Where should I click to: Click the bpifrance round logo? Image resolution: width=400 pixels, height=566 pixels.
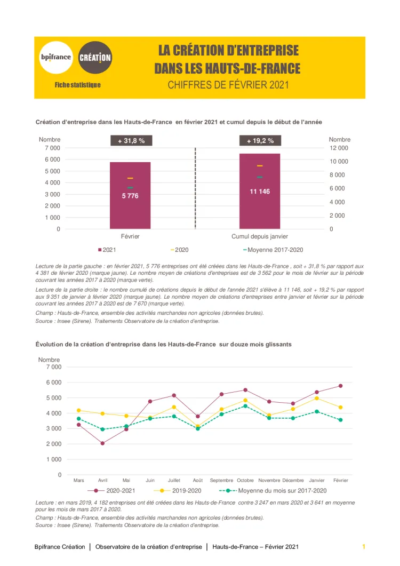[x=56, y=57]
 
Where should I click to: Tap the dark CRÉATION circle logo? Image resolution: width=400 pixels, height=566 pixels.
[x=95, y=58]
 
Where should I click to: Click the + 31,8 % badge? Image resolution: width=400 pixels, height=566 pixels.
[x=131, y=141]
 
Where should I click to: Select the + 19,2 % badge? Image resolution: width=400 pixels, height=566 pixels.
[x=260, y=141]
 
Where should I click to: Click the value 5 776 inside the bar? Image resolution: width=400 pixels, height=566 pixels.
[x=130, y=196]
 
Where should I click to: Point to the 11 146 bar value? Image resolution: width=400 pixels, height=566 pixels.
[x=260, y=191]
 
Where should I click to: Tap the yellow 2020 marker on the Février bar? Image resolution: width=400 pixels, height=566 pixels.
[x=130, y=178]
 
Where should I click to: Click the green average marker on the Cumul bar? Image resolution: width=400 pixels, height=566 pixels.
[x=260, y=177]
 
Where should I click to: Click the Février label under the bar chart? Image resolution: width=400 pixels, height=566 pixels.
[x=130, y=236]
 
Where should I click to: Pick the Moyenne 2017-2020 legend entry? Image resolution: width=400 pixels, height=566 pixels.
[x=273, y=250]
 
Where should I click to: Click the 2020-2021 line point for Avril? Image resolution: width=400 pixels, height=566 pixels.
[x=102, y=443]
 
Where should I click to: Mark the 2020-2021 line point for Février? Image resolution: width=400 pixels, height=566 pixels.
[x=340, y=386]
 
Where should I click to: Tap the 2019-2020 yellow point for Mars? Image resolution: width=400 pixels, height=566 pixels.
[x=79, y=410]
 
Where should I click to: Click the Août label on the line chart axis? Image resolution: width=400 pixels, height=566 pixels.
[x=198, y=481]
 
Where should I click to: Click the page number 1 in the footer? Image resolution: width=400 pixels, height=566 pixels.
[x=363, y=547]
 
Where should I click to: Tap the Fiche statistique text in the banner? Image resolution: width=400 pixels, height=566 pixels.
[x=77, y=85]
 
